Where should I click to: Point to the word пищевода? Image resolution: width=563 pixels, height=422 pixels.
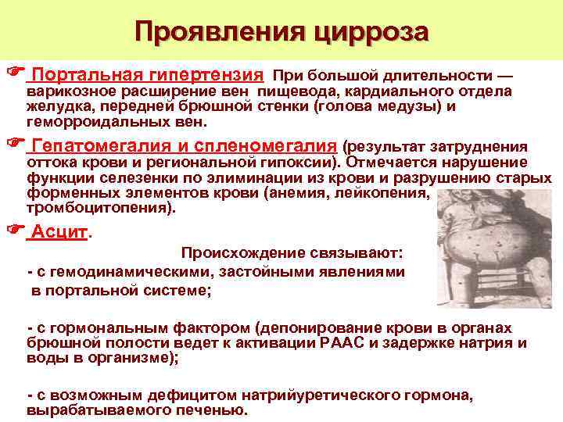(x=300, y=91)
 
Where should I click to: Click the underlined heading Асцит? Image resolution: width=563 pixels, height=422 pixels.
(x=58, y=232)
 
